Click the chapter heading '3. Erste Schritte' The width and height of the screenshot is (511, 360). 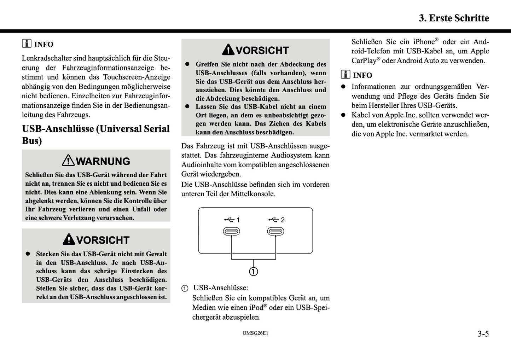pos(454,18)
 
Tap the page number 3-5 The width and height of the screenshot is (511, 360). pos(483,333)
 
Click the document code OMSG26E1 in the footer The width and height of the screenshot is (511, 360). pos(255,333)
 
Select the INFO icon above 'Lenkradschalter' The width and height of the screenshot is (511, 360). pos(27,44)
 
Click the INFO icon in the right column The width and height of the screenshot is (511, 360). pos(345,75)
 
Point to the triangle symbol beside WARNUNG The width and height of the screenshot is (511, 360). pos(68,161)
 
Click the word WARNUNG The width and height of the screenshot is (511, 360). pos(103,161)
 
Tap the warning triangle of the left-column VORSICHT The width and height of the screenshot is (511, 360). pos(69,239)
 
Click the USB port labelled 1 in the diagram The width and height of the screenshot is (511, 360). pos(231,231)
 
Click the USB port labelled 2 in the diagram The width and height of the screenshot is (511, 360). pos(275,231)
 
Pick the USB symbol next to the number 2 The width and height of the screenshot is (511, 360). pos(273,220)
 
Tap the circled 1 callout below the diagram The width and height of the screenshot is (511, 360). pos(254,271)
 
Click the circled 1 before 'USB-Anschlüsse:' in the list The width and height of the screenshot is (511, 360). pos(185,288)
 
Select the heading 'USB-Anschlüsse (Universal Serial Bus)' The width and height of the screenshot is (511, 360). pos(95,134)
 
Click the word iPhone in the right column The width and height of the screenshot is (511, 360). pos(424,42)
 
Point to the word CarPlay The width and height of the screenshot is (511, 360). pos(364,61)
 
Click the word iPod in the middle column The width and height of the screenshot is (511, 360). pos(256,308)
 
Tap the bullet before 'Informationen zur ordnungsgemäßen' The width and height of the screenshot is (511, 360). pos(343,87)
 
